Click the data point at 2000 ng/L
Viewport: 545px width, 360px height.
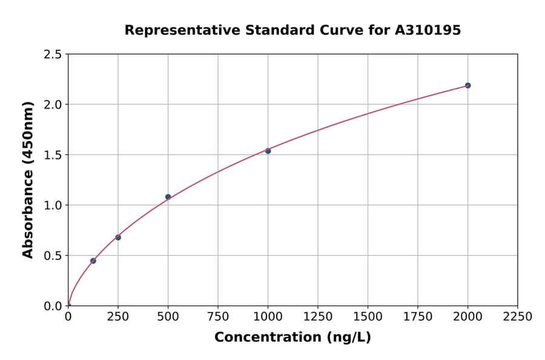(x=467, y=85)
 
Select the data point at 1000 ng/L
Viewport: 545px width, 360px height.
(x=268, y=151)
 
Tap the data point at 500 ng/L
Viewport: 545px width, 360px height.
(x=168, y=197)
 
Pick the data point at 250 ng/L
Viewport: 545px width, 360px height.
(x=118, y=237)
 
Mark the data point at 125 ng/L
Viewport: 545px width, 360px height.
(x=93, y=261)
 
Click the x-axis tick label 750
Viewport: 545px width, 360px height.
(x=218, y=317)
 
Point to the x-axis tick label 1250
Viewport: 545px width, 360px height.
(x=318, y=317)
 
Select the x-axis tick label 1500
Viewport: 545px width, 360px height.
(x=368, y=317)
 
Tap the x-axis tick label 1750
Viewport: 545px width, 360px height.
(x=418, y=317)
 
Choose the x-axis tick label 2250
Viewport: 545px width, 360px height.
(x=518, y=317)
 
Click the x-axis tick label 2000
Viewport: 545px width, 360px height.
(x=467, y=317)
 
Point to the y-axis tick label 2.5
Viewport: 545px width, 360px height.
(x=53, y=55)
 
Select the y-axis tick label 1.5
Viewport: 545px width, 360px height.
(x=53, y=155)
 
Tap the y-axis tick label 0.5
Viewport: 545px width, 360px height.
(x=53, y=256)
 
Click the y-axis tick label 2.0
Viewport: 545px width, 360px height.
(x=53, y=105)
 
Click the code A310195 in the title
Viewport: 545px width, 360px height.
(x=428, y=30)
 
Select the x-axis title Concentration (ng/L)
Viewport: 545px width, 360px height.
(x=292, y=338)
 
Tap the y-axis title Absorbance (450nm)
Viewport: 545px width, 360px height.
(x=28, y=180)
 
